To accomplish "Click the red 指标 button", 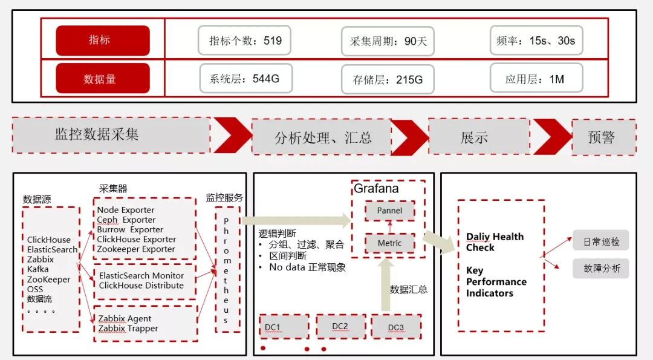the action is coord(103,41).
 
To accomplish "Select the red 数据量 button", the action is coord(103,78).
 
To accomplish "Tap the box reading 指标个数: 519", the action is coord(244,41).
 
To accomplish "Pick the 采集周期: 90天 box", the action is coord(388,41).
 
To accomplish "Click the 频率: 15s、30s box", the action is coord(536,41).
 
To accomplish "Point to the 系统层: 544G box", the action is coord(245,78).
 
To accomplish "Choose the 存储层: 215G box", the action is coord(388,79).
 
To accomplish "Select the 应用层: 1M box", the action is coord(536,78).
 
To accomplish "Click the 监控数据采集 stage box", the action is coord(111,135).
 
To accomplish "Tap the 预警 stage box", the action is coord(604,137).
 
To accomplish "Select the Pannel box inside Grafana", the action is coord(390,211).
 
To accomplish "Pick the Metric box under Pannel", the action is coord(390,243).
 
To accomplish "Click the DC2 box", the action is coord(340,327).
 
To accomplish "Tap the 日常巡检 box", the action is coord(601,241).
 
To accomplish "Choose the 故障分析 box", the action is coord(601,268).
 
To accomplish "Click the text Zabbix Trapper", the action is coord(128,329).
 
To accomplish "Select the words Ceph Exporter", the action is coord(126,220).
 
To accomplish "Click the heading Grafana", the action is coord(376,189).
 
